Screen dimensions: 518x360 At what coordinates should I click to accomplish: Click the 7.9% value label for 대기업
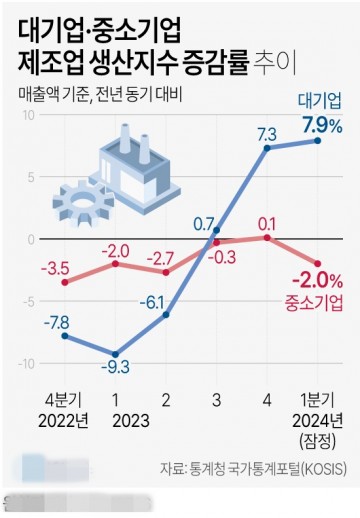(321, 125)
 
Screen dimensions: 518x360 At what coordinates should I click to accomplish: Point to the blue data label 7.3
(267, 133)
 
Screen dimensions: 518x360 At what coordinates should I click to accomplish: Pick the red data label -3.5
(54, 267)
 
